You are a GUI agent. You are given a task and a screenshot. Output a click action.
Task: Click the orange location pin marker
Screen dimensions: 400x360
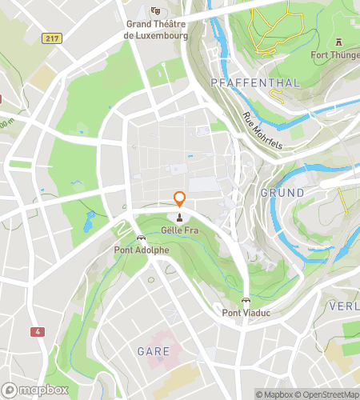pos(180,200)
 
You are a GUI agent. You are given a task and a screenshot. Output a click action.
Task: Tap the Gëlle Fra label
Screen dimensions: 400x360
pos(180,229)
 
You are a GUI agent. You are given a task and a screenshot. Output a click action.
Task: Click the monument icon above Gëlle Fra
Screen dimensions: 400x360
pos(180,217)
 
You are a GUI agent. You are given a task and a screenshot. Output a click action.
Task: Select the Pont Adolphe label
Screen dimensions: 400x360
pos(142,250)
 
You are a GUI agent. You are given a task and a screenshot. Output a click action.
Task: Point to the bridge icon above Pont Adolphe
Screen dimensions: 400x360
pos(142,238)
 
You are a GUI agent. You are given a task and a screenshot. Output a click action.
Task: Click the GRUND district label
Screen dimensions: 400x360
pos(282,193)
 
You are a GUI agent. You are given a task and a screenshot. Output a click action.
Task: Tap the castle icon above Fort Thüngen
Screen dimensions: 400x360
pos(339,42)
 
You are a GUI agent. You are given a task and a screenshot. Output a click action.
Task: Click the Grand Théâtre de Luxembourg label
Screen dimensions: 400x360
pos(157,30)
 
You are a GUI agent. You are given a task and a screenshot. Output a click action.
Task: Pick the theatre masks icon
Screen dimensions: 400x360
pos(155,11)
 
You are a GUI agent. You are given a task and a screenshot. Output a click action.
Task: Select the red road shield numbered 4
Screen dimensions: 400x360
pos(38,330)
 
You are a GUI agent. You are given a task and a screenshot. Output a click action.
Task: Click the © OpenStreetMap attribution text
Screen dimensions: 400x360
pos(328,394)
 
